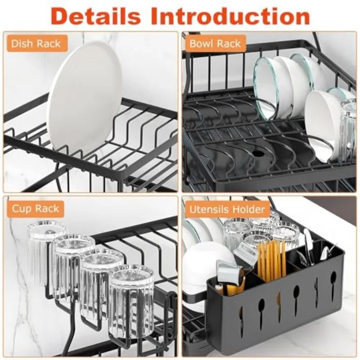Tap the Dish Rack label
(36, 44)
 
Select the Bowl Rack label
(215, 44)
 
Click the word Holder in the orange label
(248, 209)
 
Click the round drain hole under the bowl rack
(260, 153)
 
